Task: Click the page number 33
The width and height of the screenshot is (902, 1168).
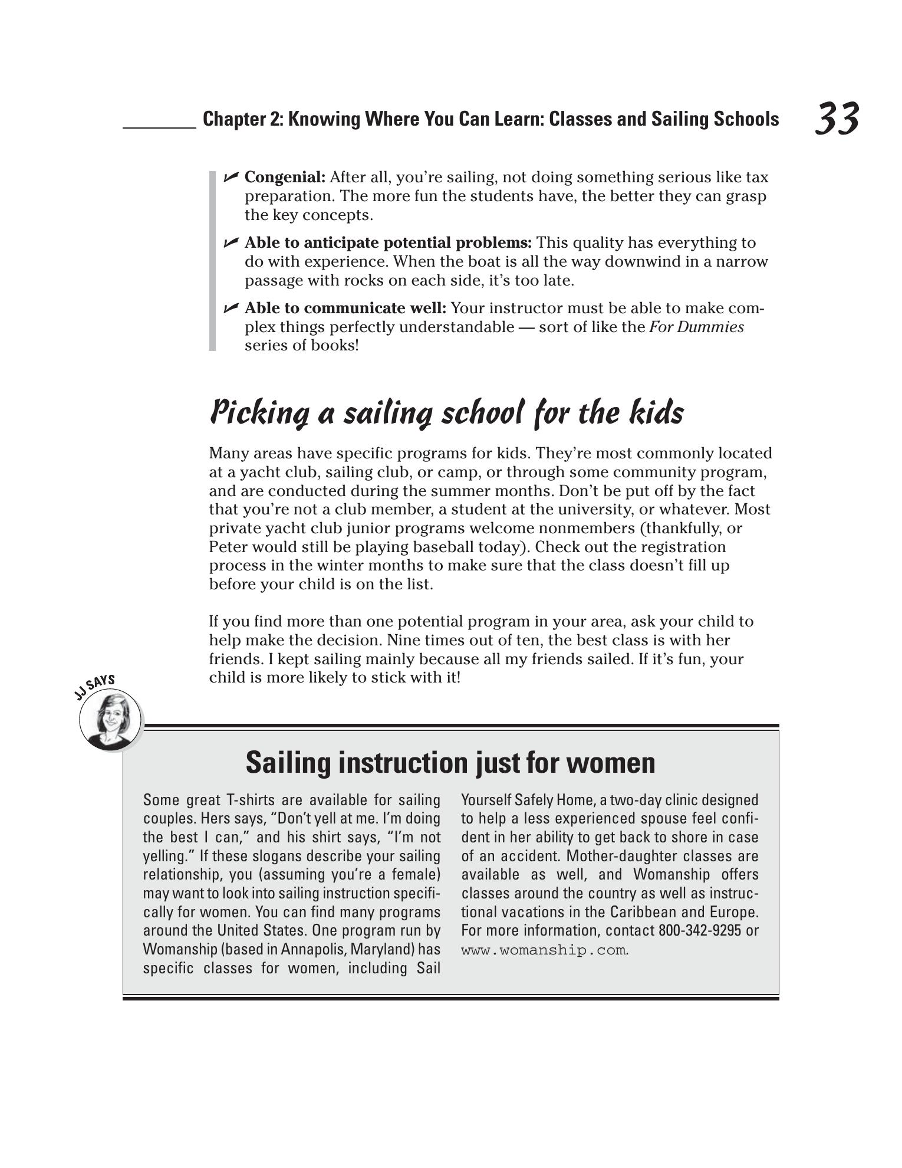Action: (837, 119)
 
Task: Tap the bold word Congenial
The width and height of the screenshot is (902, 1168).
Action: (284, 177)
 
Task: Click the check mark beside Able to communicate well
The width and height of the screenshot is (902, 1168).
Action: (231, 308)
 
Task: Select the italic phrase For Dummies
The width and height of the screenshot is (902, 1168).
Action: (696, 327)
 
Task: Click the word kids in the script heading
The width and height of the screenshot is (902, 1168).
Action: (656, 412)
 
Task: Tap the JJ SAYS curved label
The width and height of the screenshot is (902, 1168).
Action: (94, 687)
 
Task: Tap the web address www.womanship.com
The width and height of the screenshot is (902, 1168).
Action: (543, 950)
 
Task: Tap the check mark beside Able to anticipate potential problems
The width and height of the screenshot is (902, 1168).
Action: (231, 242)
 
